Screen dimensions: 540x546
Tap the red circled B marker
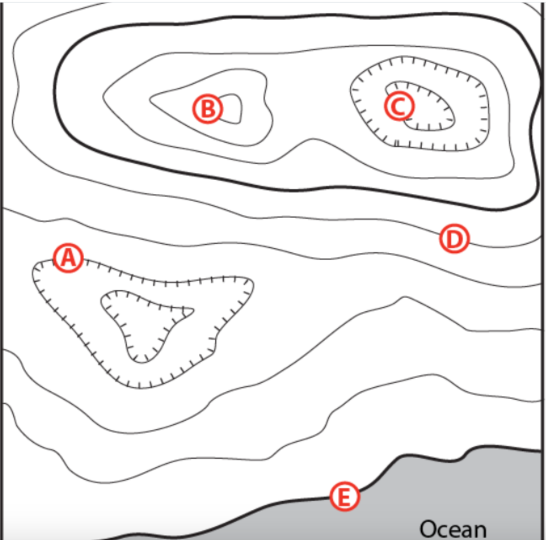tap(207, 109)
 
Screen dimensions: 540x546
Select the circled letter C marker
tap(399, 106)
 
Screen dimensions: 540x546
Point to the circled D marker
tap(454, 239)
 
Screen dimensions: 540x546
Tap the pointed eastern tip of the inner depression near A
tap(193, 311)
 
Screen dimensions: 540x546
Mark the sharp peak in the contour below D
tap(405, 298)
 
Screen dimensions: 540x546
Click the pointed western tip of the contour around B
tap(151, 100)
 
